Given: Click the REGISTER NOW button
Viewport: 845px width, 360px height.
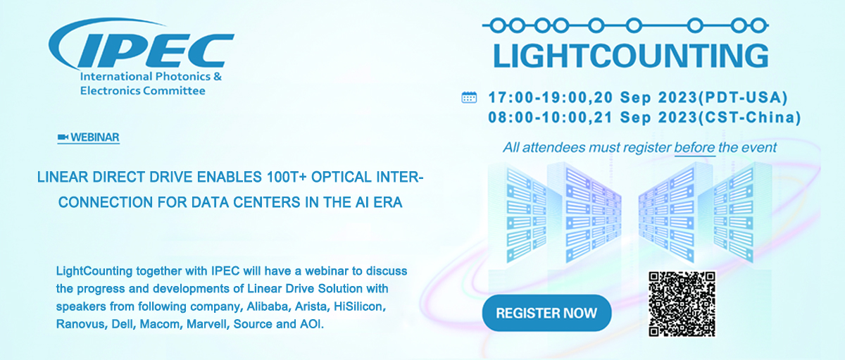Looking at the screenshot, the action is (546, 313).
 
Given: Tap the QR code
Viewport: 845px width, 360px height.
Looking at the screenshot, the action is (682, 304).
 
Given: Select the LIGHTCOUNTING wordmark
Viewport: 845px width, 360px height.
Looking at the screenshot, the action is (631, 56).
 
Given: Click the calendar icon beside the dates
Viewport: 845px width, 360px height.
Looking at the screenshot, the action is (469, 97).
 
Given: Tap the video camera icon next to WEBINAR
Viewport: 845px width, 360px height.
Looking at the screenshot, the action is (63, 137).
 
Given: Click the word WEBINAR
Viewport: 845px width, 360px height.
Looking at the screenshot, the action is (95, 137).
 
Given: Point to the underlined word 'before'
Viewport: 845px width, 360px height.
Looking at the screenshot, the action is (694, 147).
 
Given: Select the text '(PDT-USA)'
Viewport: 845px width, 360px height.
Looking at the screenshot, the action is (743, 98).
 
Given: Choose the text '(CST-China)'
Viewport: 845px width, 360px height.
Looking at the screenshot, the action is (749, 118).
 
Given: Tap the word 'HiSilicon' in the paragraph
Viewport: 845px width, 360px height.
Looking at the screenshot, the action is (358, 306).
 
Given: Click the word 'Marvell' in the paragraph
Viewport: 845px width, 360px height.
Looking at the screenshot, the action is (208, 324).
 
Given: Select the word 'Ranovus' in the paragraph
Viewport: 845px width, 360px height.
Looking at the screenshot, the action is (80, 324).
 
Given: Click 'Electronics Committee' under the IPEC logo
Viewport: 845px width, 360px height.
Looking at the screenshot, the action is (142, 91).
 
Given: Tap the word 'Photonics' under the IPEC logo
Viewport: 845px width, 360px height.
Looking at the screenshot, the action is (183, 77).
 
